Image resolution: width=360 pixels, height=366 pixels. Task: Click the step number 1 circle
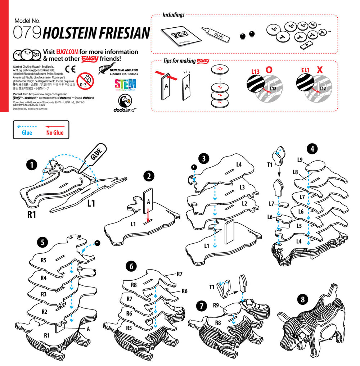coord(32,165)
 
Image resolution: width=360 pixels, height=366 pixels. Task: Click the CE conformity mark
coord(70,69)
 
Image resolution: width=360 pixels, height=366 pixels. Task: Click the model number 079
coord(27,32)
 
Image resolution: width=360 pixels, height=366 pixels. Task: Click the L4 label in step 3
coord(239,164)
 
